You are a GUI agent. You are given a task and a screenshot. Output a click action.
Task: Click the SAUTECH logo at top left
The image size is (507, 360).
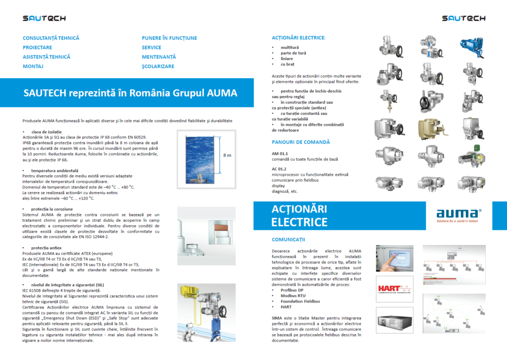pos(44,19)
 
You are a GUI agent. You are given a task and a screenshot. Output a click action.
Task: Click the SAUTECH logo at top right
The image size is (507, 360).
pos(463,19)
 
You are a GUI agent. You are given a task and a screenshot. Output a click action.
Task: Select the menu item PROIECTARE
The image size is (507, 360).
pos(37,48)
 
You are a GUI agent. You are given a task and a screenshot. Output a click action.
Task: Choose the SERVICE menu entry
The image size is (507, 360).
pos(152,48)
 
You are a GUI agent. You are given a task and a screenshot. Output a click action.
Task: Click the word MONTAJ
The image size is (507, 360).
pos(33,66)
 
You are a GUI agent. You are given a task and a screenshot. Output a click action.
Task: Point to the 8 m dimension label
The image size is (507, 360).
pos(227,155)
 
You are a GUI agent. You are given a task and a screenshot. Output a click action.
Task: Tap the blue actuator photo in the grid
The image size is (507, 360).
pos(471,48)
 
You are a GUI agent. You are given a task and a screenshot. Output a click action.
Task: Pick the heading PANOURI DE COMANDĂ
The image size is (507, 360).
pos(301,143)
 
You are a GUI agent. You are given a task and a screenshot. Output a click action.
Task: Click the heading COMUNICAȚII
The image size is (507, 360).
pos(289,240)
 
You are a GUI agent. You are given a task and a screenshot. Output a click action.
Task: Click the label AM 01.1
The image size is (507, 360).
pos(279,154)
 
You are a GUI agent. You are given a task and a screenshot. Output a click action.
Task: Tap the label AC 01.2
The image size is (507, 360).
pos(279,169)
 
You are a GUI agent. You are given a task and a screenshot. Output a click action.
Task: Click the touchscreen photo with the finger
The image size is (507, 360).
pos(395,258)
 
